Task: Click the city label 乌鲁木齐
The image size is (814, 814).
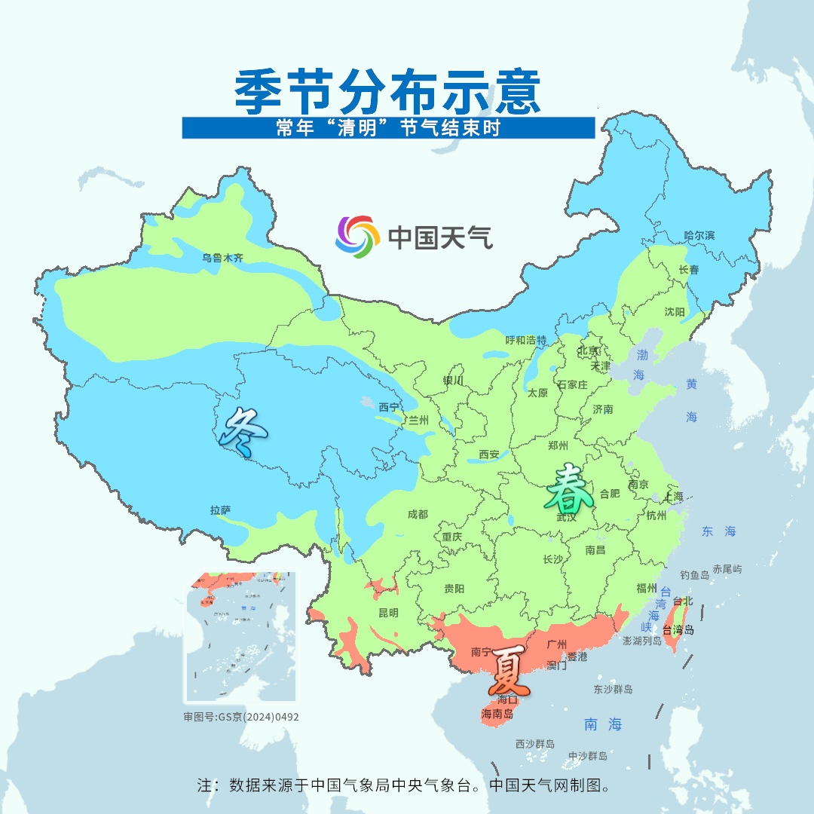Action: click(x=222, y=258)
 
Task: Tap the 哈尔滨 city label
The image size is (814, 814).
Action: click(x=699, y=236)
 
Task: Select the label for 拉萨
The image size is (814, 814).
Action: click(x=221, y=510)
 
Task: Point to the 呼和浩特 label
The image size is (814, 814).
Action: click(x=526, y=340)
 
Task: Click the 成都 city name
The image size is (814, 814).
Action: click(x=417, y=514)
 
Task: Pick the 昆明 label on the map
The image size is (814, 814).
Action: click(x=388, y=613)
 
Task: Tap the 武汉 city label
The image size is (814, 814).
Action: click(x=566, y=517)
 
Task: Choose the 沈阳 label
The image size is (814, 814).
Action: click(x=675, y=312)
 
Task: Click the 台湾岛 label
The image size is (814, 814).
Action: click(x=678, y=629)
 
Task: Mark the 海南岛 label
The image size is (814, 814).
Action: click(x=497, y=714)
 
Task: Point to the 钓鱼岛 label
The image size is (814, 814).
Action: click(x=694, y=574)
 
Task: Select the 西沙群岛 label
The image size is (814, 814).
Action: click(x=535, y=744)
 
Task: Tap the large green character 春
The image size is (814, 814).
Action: click(x=571, y=488)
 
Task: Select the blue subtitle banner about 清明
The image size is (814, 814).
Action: click(x=388, y=128)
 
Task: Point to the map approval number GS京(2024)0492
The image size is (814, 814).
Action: click(x=241, y=717)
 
